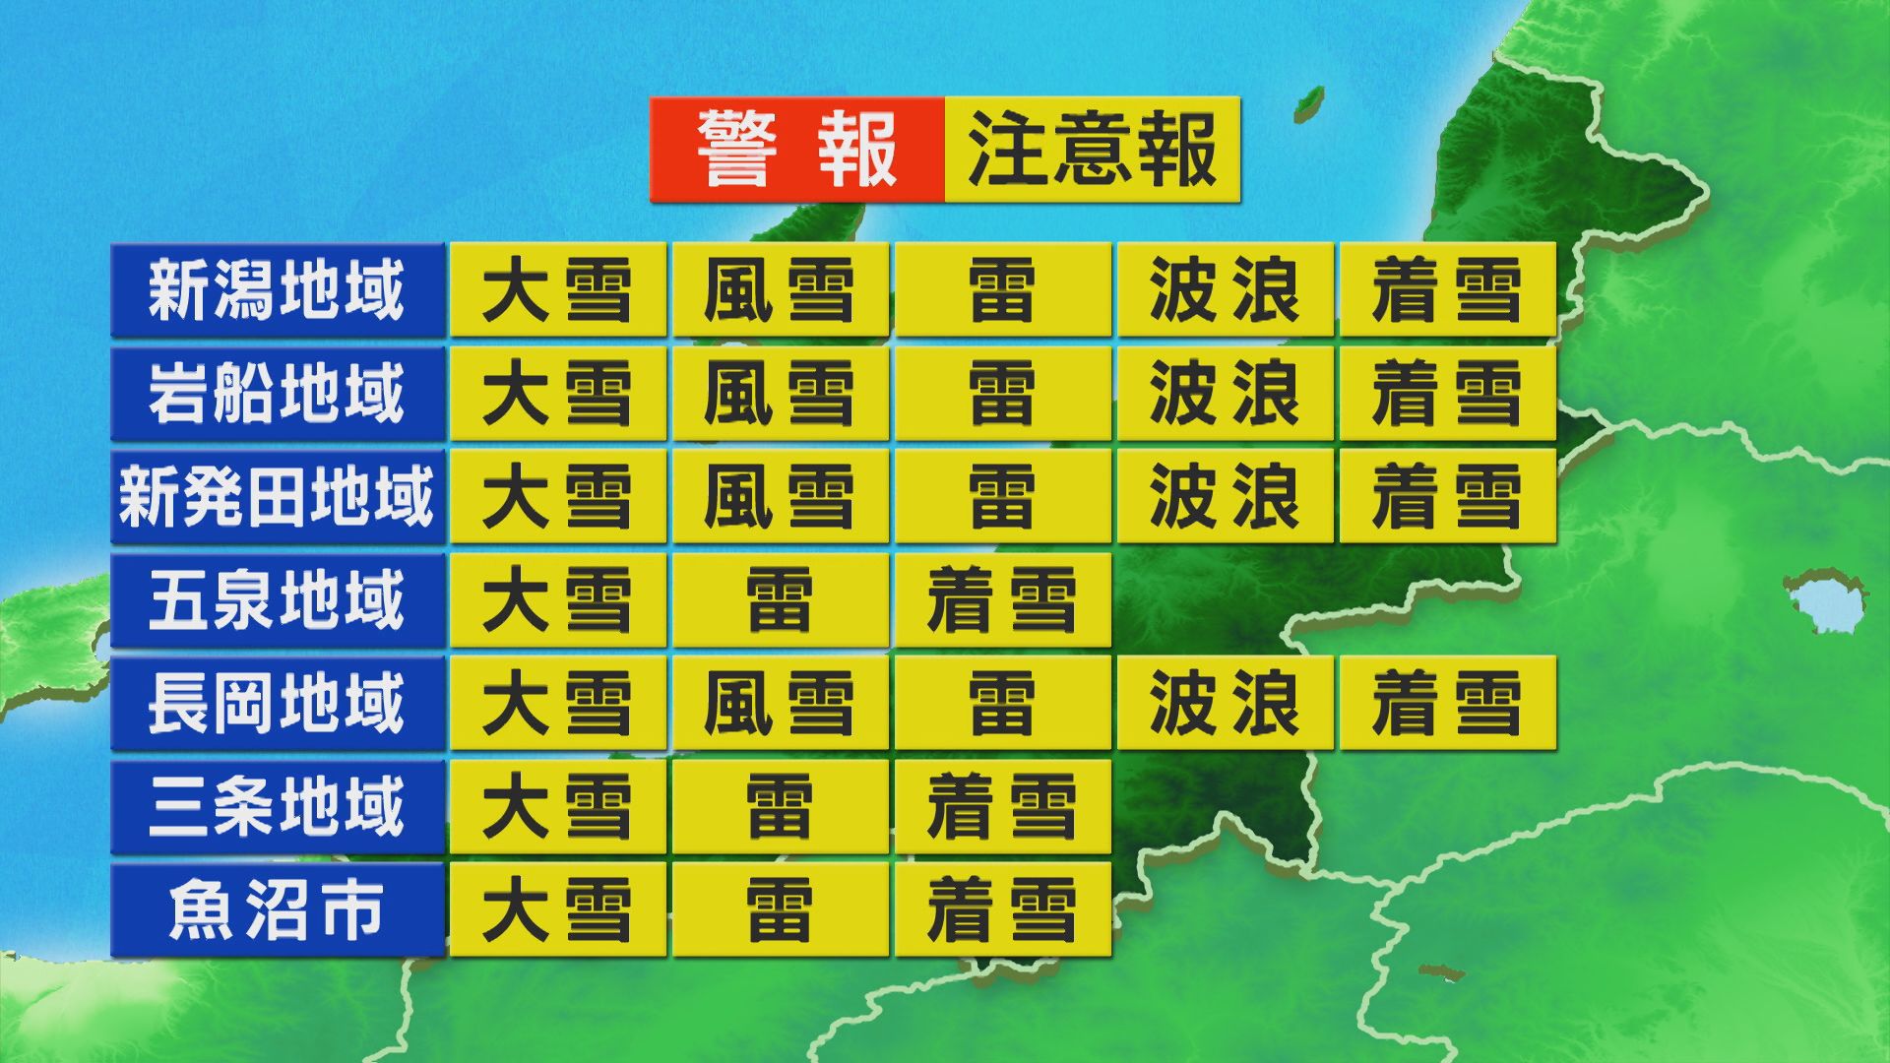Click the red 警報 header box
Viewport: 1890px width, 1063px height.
796,150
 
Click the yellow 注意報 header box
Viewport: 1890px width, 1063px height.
1092,150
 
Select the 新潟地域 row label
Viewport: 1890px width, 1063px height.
277,290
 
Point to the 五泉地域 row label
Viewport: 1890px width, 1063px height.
277,600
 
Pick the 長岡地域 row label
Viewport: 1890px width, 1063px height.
277,704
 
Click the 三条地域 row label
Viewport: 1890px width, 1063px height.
277,807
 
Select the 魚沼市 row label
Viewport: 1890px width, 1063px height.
277,910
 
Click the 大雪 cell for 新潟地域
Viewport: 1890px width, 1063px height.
557,290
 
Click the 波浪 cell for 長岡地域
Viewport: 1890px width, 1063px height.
1225,704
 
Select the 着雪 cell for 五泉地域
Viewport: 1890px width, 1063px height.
1002,600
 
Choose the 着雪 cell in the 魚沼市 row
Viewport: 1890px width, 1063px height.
1002,910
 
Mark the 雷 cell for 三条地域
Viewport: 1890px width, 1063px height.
780,807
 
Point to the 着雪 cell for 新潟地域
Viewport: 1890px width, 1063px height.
1447,290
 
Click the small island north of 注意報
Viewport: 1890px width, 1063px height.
1308,101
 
